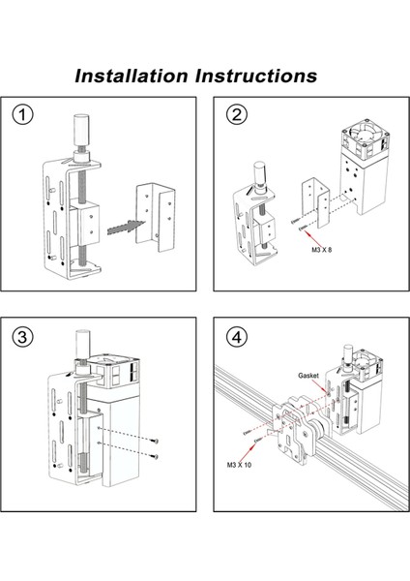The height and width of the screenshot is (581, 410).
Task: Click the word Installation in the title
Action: (x=134, y=75)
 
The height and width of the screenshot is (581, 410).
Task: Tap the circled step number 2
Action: (x=235, y=115)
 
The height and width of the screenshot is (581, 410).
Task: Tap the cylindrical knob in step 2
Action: (x=259, y=173)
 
